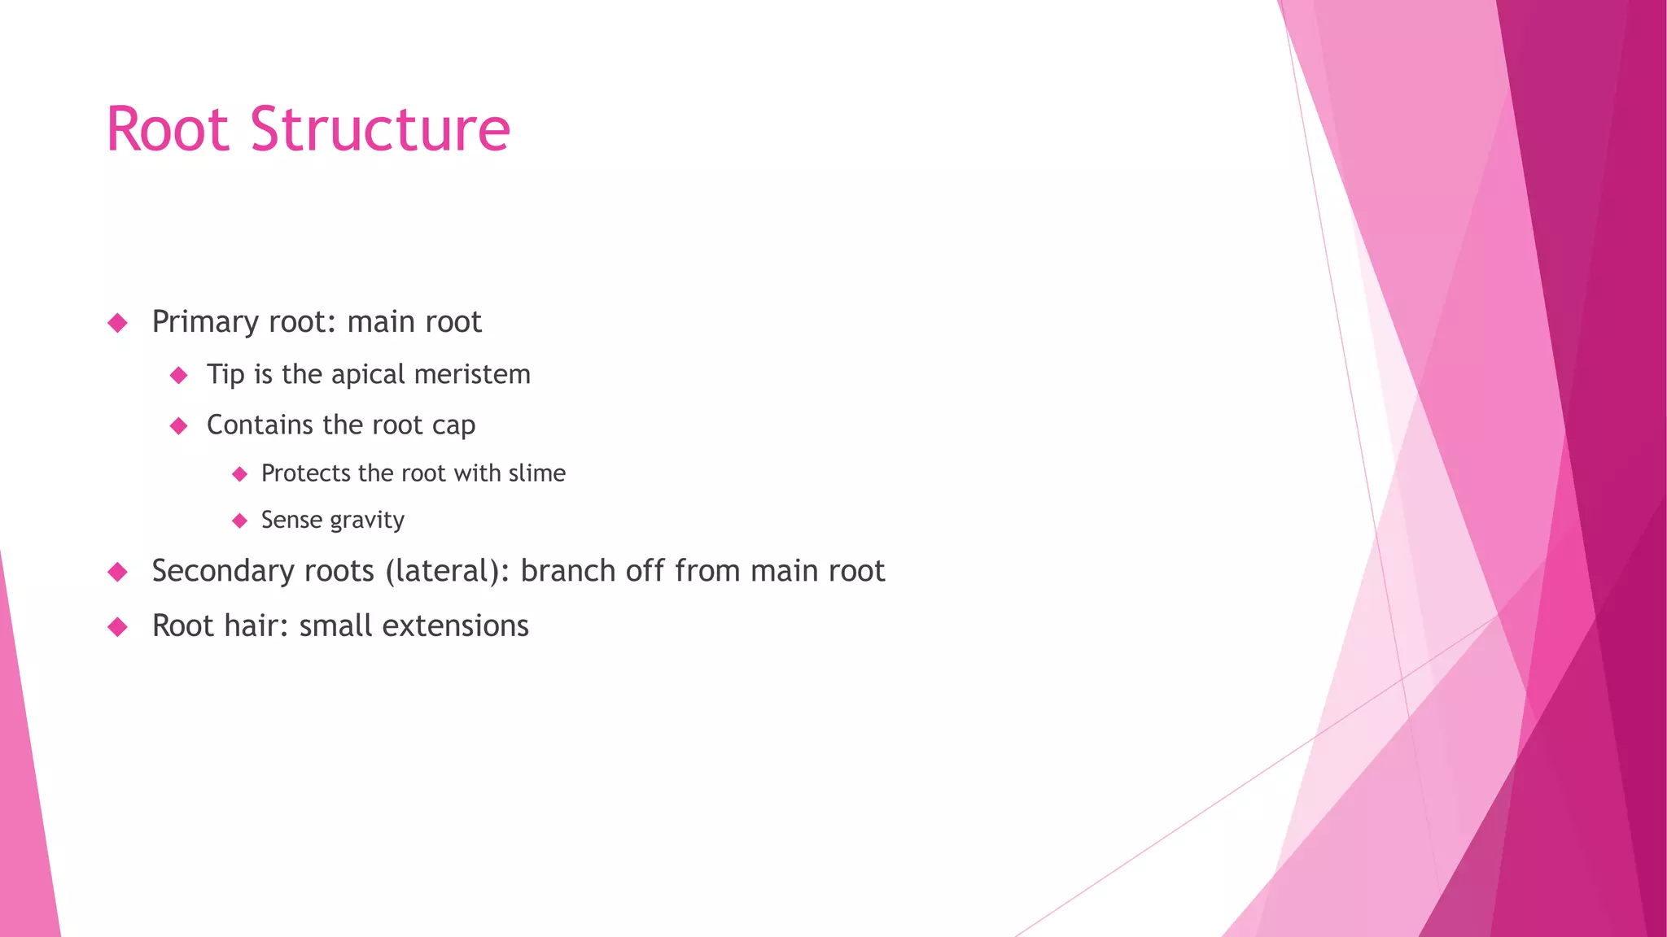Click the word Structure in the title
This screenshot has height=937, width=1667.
coord(380,129)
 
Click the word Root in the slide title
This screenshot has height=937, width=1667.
coord(168,129)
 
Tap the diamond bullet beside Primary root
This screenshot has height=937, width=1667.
coord(118,323)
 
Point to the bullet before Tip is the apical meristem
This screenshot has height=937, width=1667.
coord(179,375)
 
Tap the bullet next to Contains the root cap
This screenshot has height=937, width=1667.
coord(179,425)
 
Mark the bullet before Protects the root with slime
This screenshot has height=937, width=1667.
coord(239,473)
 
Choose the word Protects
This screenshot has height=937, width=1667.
coord(306,473)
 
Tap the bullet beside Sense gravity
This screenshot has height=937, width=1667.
coord(239,521)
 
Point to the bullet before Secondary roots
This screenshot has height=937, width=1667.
coord(118,572)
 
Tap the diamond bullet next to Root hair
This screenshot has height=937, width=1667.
coord(118,626)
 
